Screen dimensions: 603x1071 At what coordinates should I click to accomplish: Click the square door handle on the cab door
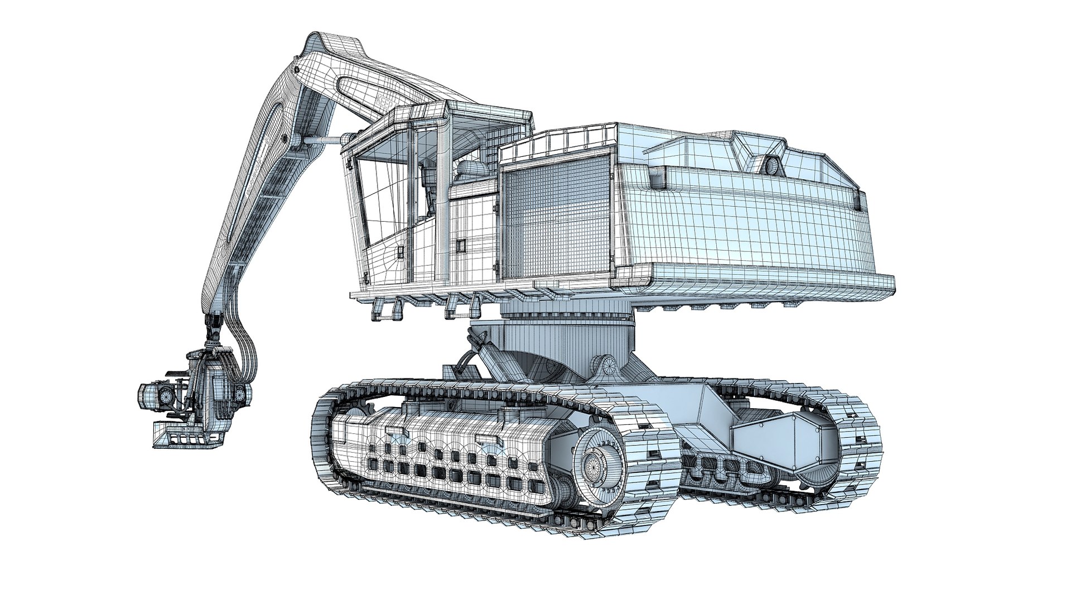click(461, 245)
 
